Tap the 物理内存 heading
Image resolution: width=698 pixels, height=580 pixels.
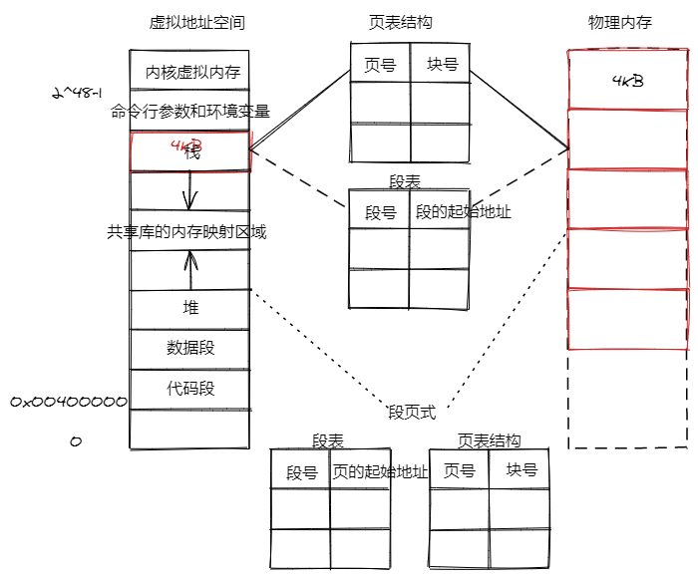tap(620, 22)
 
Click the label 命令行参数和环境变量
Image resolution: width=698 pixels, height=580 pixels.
tap(190, 112)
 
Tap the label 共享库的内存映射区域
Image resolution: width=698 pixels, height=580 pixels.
tap(187, 231)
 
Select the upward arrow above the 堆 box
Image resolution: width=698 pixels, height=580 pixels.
tap(190, 267)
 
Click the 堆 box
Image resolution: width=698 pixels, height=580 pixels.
tap(190, 309)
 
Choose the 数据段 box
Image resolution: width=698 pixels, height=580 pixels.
tap(190, 348)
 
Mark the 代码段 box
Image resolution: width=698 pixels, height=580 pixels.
tap(190, 388)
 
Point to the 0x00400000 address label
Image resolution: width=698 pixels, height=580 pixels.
tap(69, 402)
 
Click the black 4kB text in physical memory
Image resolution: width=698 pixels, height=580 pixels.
tap(627, 81)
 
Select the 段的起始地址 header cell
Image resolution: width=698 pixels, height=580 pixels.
tap(463, 212)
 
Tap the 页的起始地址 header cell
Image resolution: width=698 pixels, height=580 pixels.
tap(379, 471)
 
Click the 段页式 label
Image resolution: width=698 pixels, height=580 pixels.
tap(412, 412)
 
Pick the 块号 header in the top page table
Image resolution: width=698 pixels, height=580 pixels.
tap(442, 65)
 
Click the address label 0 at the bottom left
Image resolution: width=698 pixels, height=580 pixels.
tap(75, 440)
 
